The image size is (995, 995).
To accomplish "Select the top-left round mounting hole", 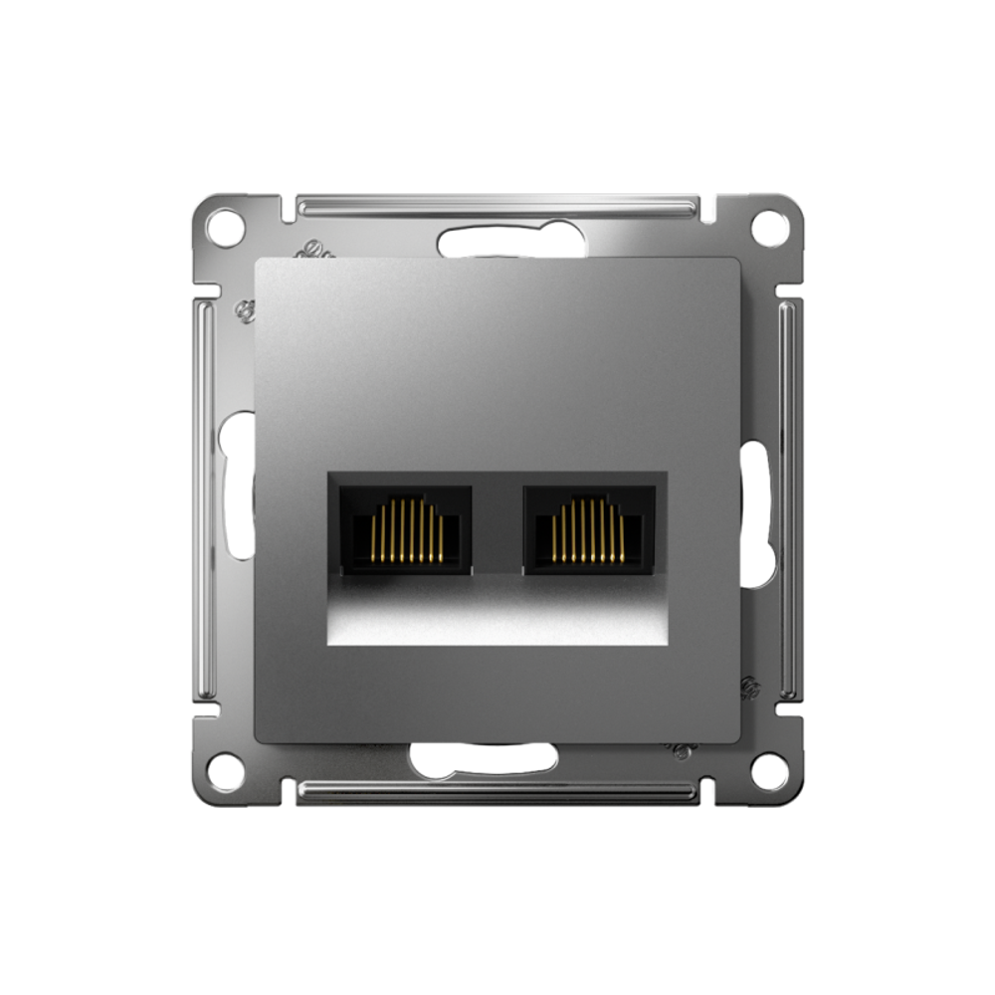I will [x=226, y=228].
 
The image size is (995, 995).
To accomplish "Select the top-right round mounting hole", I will [x=769, y=228].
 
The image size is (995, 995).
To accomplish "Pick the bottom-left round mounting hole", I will [x=226, y=768].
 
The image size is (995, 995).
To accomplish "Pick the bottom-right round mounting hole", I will [x=769, y=768].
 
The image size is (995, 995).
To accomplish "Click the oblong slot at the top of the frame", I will [x=497, y=242].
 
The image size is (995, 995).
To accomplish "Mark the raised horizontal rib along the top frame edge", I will [x=497, y=206].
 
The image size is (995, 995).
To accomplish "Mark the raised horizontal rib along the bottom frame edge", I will [x=497, y=790].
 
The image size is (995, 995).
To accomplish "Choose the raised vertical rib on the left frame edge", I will [x=206, y=497].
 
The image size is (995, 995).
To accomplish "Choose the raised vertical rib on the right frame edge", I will [x=788, y=497].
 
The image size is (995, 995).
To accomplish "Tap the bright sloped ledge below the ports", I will [x=497, y=612].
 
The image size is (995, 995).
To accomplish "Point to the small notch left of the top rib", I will [x=287, y=210].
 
